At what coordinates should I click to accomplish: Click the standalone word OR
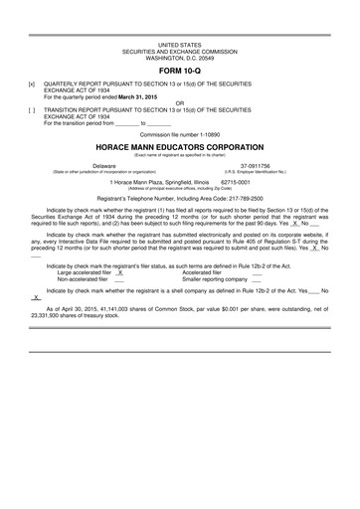(179, 103)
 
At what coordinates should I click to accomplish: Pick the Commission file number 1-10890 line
(179, 133)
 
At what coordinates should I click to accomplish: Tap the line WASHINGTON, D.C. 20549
(179, 58)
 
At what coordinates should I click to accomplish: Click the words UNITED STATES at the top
(179, 46)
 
